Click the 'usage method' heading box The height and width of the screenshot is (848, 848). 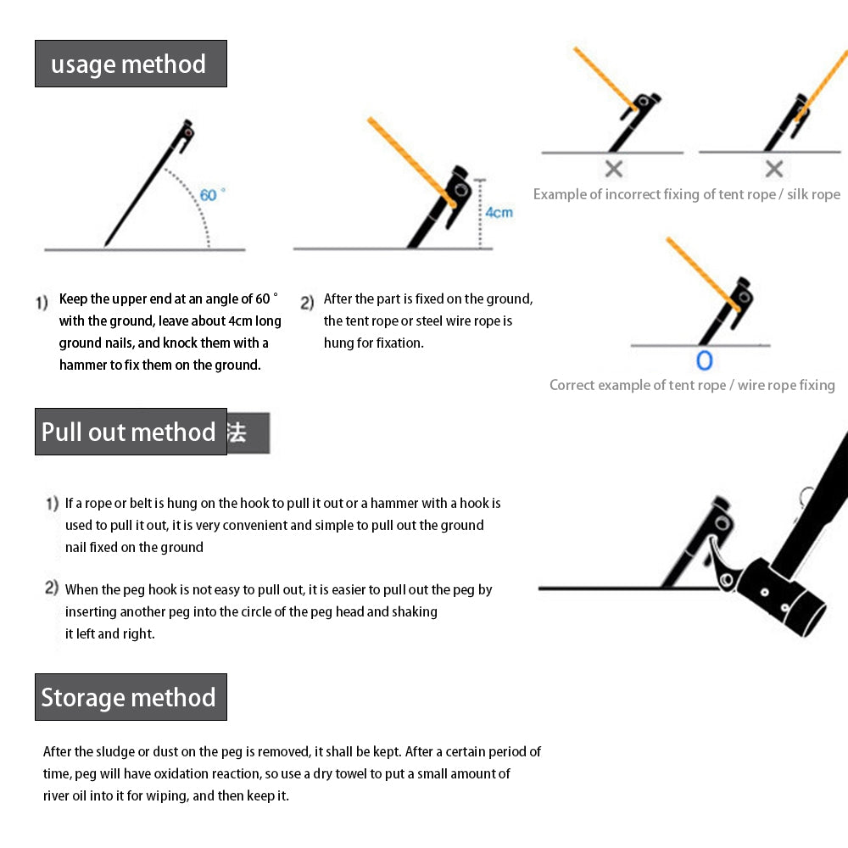click(x=131, y=64)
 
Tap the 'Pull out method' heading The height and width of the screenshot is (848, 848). click(x=131, y=432)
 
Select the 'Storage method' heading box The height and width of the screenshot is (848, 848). click(x=131, y=697)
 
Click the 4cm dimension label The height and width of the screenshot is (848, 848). click(x=499, y=212)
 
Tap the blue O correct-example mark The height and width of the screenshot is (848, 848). click(x=704, y=360)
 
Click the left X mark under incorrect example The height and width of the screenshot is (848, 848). click(x=613, y=168)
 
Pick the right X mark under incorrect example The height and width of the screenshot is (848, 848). click(x=773, y=168)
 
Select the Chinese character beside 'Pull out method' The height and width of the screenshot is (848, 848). click(x=237, y=432)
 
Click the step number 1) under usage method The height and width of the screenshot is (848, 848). click(x=42, y=302)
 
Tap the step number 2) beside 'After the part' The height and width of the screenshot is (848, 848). click(x=307, y=302)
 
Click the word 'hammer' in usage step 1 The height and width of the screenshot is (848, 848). click(x=81, y=365)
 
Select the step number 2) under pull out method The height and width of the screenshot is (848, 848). click(x=52, y=589)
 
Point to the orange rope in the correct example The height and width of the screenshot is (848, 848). click(x=700, y=271)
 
